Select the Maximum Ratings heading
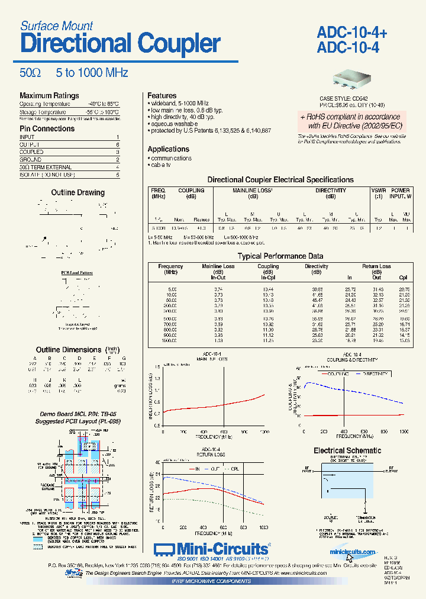pyautogui.click(x=49, y=96)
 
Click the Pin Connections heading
pyautogui.click(x=47, y=128)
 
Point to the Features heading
pyautogui.click(x=162, y=95)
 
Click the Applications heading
pyautogui.click(x=168, y=149)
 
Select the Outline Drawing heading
pyautogui.click(x=78, y=192)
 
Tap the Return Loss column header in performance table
pyautogui.click(x=376, y=267)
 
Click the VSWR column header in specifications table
pyautogui.click(x=378, y=191)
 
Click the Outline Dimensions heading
pyautogui.click(x=69, y=350)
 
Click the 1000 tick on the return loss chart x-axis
pyautogui.click(x=263, y=527)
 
